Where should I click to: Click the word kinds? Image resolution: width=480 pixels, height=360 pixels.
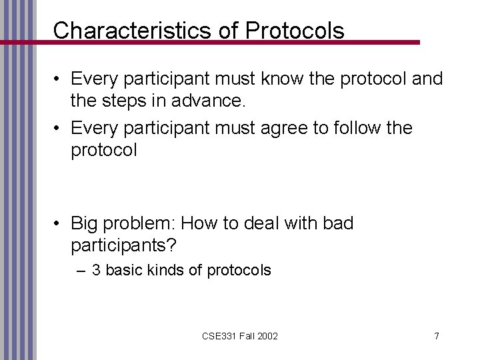tap(173, 271)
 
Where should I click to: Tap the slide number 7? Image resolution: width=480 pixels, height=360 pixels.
tap(436, 336)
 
